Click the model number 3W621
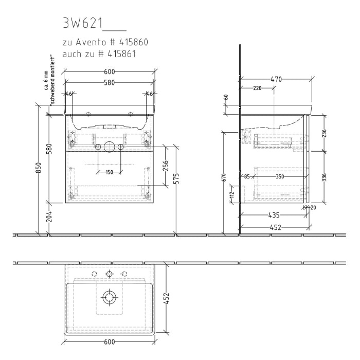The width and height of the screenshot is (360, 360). click(83, 23)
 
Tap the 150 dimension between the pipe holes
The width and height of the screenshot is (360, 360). click(109, 172)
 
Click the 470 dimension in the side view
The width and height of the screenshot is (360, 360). click(276, 79)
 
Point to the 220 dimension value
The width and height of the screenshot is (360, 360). click(257, 88)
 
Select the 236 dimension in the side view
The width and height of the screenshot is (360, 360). click(323, 133)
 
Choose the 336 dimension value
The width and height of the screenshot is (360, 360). click(323, 177)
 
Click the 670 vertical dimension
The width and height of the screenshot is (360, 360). click(224, 177)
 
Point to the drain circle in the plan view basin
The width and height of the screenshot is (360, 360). click(109, 297)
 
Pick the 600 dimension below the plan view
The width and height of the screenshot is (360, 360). click(109, 341)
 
